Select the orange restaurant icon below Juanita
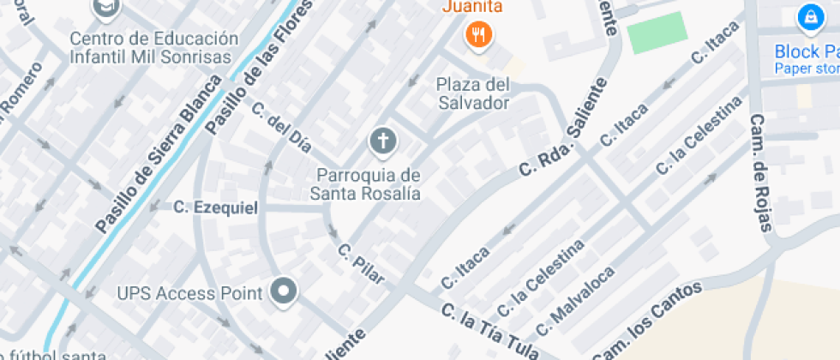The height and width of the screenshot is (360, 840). (477, 35)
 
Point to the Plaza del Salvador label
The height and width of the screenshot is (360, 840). (472, 93)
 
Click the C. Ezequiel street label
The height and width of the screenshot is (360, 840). (215, 207)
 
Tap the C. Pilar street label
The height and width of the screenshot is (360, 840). (360, 265)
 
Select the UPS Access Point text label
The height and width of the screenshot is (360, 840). (189, 293)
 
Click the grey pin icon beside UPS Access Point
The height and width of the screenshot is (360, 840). (282, 291)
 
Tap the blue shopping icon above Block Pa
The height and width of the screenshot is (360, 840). (808, 16)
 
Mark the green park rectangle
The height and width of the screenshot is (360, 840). (657, 33)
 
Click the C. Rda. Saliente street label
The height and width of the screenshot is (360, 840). (562, 129)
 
